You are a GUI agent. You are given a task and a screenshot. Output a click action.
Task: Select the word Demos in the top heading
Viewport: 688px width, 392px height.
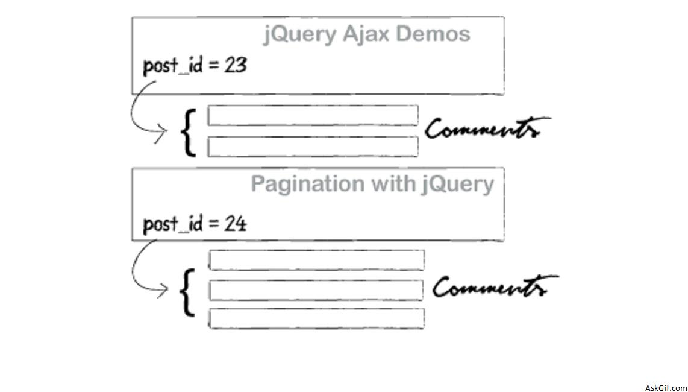(x=433, y=34)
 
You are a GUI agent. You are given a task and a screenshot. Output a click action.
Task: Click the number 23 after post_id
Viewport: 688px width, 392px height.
(x=236, y=65)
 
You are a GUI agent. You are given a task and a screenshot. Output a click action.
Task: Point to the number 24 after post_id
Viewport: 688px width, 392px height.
(x=236, y=224)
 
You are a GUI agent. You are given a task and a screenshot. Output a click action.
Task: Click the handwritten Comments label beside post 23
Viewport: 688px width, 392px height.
(x=487, y=129)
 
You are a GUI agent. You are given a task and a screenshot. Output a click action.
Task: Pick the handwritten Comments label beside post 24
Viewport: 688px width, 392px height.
(x=494, y=287)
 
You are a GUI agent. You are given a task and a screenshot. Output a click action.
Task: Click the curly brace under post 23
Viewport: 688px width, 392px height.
(x=189, y=131)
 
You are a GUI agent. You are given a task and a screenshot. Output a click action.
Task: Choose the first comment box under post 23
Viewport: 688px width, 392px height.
(x=313, y=115)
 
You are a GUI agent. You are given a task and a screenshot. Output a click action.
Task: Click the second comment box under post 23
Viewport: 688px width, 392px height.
(x=313, y=147)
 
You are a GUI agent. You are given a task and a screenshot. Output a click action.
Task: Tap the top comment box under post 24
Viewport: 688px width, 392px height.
(x=316, y=260)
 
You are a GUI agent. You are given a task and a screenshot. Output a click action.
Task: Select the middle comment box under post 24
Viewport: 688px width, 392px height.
(x=316, y=290)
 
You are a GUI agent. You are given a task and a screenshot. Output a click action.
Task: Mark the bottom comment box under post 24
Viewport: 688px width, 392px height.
(x=316, y=318)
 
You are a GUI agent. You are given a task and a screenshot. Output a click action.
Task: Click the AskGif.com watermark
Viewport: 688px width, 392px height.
(x=665, y=387)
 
